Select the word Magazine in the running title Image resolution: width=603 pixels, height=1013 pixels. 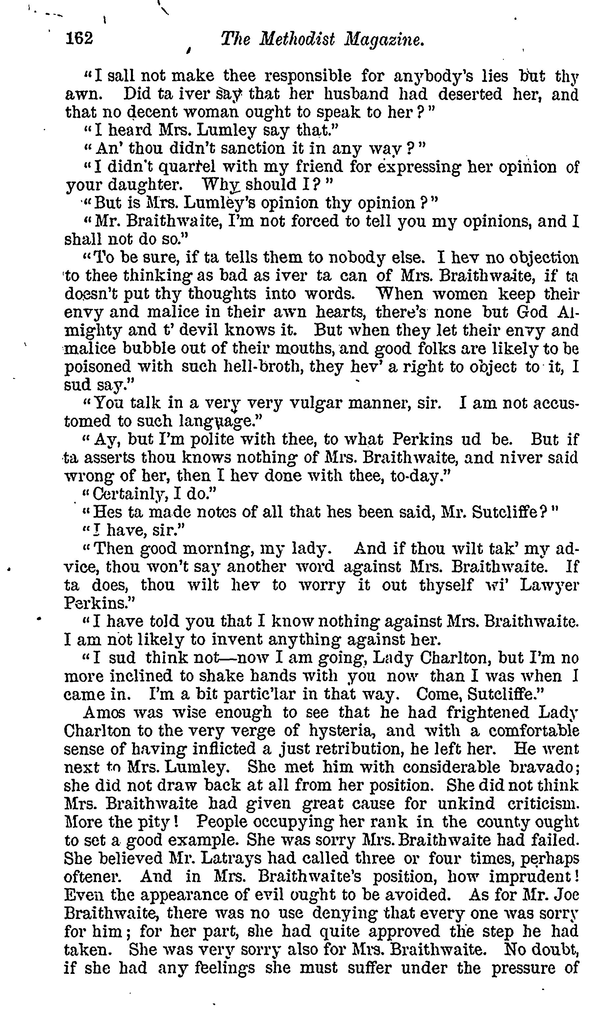(384, 40)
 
